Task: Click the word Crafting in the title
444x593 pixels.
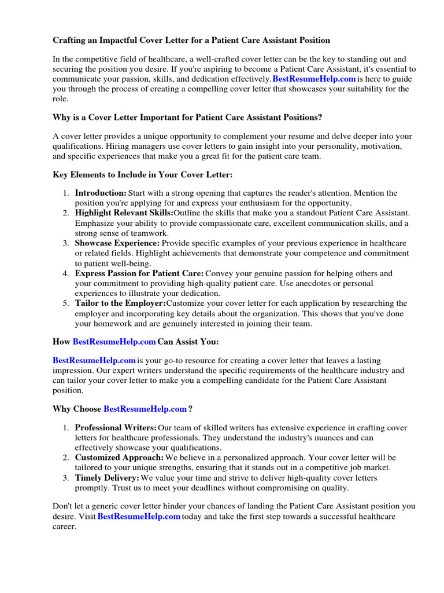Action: [71, 41]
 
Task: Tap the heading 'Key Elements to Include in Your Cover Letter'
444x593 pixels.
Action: [143, 174]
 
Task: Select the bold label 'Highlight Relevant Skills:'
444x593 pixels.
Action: [124, 213]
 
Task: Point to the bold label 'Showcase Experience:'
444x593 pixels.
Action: [117, 243]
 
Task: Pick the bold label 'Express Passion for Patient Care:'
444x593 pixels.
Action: [139, 273]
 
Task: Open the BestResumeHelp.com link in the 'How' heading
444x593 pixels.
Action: [114, 342]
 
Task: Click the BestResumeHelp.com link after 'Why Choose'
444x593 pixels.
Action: [145, 409]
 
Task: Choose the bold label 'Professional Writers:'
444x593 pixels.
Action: [116, 427]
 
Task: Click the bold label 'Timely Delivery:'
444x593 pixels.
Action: [107, 478]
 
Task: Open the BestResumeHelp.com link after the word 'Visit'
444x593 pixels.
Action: [139, 517]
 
